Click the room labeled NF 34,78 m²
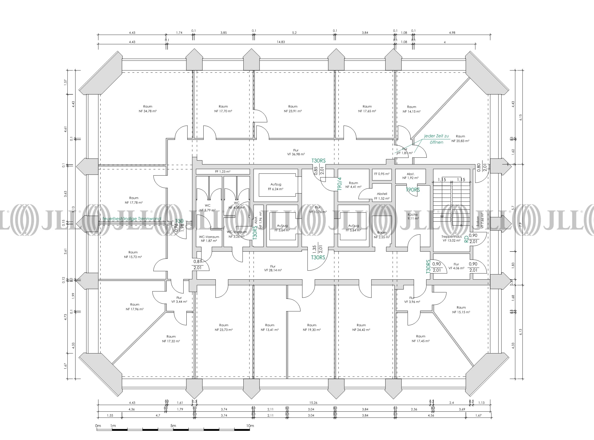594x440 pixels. tap(148, 109)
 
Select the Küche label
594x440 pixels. tap(413, 215)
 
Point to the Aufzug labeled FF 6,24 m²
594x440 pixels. tap(276, 187)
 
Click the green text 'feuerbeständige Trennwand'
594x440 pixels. tap(132, 219)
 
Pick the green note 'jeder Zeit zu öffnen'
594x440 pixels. tap(436, 139)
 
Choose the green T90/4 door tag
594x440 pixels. tap(340, 184)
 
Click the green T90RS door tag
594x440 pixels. tap(413, 190)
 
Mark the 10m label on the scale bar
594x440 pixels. tap(250, 426)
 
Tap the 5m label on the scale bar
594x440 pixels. tap(173, 426)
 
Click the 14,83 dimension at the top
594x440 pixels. tap(281, 42)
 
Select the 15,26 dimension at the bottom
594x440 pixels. tap(313, 403)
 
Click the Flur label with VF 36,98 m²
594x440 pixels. tap(296, 152)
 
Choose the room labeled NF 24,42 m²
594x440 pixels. tap(361, 327)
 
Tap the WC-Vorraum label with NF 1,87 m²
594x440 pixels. tap(209, 239)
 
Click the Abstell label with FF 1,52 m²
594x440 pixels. tap(382, 196)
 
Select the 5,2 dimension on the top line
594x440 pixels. tap(294, 33)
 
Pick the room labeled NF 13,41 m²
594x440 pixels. tap(269, 327)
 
